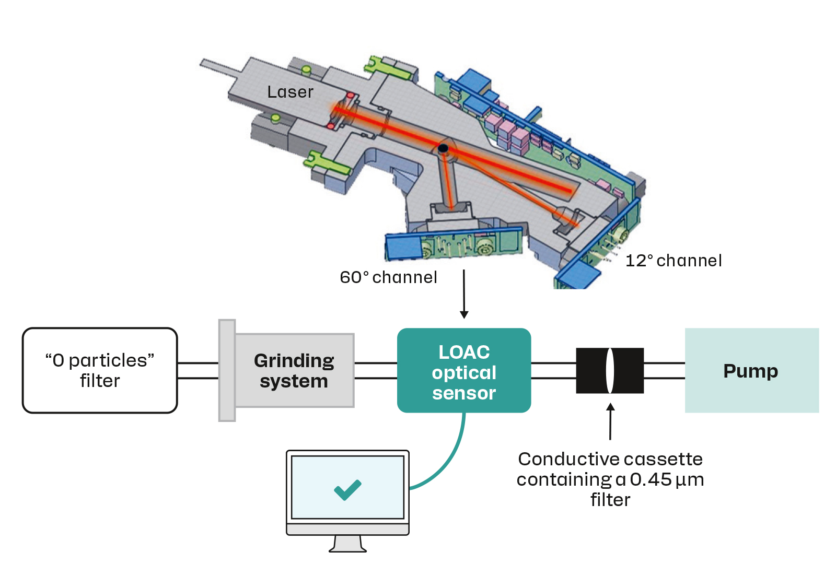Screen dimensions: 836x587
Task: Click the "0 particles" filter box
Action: point(100,370)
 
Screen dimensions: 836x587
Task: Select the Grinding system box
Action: point(295,370)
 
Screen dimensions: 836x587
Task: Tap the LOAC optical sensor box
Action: point(464,370)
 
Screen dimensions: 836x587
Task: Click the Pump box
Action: point(752,370)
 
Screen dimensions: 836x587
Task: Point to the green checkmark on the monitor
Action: point(347,489)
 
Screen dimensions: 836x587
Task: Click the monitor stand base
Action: point(347,548)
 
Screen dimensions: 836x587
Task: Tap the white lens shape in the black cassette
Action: point(609,370)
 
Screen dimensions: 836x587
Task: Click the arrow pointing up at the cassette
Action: point(610,421)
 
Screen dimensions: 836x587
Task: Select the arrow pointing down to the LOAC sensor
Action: point(464,294)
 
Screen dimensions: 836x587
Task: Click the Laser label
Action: point(291,92)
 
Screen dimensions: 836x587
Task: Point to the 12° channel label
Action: point(674,261)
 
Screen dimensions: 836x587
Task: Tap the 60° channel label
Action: point(388,277)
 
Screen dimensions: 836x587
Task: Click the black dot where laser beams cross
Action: point(443,148)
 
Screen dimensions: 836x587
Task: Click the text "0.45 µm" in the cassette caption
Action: point(667,479)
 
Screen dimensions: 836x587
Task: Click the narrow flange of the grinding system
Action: point(227,370)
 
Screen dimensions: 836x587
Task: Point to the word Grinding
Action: point(294,361)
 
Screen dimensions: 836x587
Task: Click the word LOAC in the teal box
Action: point(464,352)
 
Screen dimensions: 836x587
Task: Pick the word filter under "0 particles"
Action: point(100,381)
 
